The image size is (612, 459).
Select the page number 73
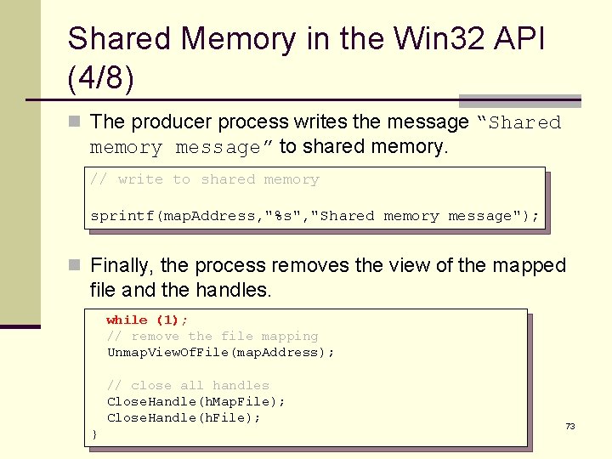point(570,426)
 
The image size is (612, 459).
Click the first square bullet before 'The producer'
point(75,122)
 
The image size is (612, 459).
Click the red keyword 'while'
point(127,320)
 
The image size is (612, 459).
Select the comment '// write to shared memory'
point(205,179)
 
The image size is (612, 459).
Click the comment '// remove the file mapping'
point(212,336)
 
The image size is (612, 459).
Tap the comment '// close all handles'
point(187,385)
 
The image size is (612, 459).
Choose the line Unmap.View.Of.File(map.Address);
point(220,352)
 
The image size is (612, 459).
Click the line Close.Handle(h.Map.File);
point(195,401)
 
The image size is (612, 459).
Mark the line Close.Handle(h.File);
point(184,417)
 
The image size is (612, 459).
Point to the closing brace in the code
point(94,434)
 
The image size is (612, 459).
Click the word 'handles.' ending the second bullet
point(233,290)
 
